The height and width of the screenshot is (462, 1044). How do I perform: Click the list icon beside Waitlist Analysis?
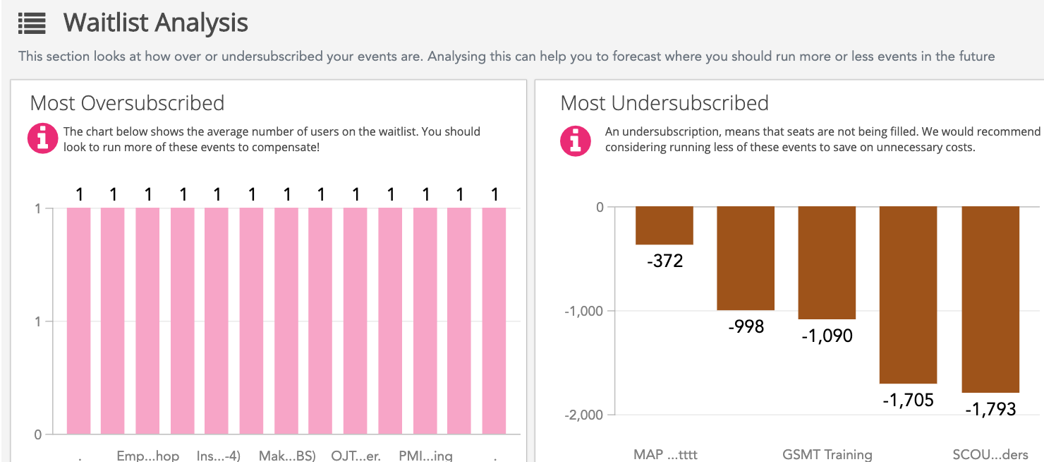click(32, 23)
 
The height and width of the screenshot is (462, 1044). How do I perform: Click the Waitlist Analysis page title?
click(155, 23)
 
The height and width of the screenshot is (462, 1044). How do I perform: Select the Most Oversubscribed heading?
click(127, 103)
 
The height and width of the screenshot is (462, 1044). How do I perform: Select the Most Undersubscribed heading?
click(664, 103)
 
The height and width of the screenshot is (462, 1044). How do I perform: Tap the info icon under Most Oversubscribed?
click(42, 138)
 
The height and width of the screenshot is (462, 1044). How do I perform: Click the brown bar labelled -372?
click(664, 225)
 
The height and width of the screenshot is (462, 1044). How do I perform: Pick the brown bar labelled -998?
click(746, 258)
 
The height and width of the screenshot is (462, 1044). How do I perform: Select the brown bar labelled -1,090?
click(827, 263)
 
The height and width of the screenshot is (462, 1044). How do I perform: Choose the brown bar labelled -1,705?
click(908, 295)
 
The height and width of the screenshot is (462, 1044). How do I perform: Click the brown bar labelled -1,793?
click(990, 299)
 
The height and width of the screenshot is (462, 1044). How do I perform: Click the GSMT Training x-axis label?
click(827, 454)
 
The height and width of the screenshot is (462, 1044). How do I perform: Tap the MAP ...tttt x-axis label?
click(665, 454)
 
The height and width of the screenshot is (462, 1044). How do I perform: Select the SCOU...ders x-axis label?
click(990, 454)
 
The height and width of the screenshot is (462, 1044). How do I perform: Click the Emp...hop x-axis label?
click(148, 456)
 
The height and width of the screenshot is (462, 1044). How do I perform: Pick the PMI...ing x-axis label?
click(425, 456)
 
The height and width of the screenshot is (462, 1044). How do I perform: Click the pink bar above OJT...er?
click(355, 321)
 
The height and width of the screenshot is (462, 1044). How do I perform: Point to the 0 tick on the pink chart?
click(38, 434)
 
